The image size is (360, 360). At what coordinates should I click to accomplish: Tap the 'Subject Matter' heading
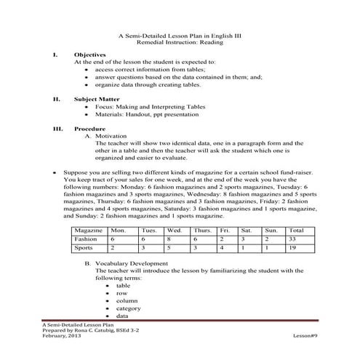(97, 98)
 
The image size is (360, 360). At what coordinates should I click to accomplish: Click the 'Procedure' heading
(91, 127)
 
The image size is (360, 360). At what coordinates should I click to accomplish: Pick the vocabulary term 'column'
(126, 300)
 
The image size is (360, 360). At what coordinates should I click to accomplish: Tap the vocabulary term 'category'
(128, 308)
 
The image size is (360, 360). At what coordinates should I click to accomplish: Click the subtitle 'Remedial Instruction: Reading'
(180, 44)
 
